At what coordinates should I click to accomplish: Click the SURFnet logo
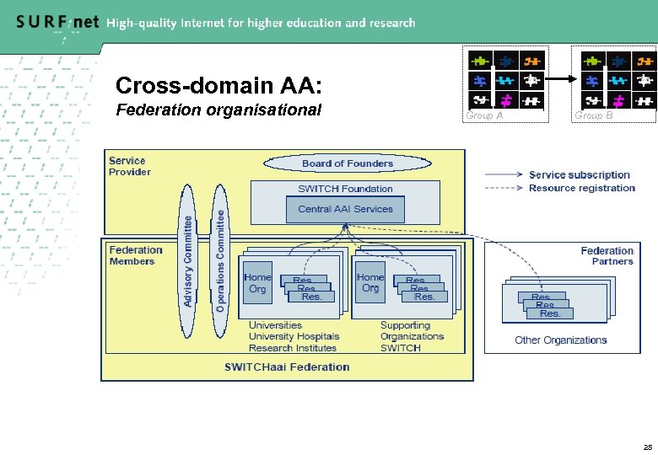click(x=57, y=23)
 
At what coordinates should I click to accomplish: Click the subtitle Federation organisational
click(x=218, y=110)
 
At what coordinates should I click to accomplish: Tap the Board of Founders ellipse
click(x=347, y=163)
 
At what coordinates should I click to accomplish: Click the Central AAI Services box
click(x=345, y=209)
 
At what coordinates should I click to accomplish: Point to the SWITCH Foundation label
click(x=345, y=189)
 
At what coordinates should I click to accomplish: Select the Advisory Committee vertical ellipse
click(x=188, y=260)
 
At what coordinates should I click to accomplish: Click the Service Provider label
click(x=129, y=166)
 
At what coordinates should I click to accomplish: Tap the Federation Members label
click(x=135, y=255)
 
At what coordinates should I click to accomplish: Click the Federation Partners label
click(x=607, y=256)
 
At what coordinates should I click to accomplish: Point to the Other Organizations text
click(x=560, y=340)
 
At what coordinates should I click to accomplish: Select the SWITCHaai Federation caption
click(x=287, y=367)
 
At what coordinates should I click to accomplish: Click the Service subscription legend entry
click(x=579, y=175)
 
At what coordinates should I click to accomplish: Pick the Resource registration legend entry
click(x=581, y=188)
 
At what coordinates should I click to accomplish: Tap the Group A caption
click(x=485, y=116)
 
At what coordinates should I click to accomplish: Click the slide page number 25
click(x=647, y=447)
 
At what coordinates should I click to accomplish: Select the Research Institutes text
click(x=292, y=348)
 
